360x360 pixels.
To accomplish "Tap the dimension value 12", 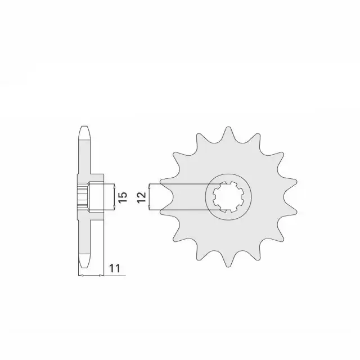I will [142, 197].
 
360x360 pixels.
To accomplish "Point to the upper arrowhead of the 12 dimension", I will [149, 185].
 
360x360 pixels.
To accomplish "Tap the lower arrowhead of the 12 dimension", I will [149, 209].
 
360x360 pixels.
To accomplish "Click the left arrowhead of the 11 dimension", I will [79, 276].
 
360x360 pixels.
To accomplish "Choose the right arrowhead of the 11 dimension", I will [102, 276].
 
